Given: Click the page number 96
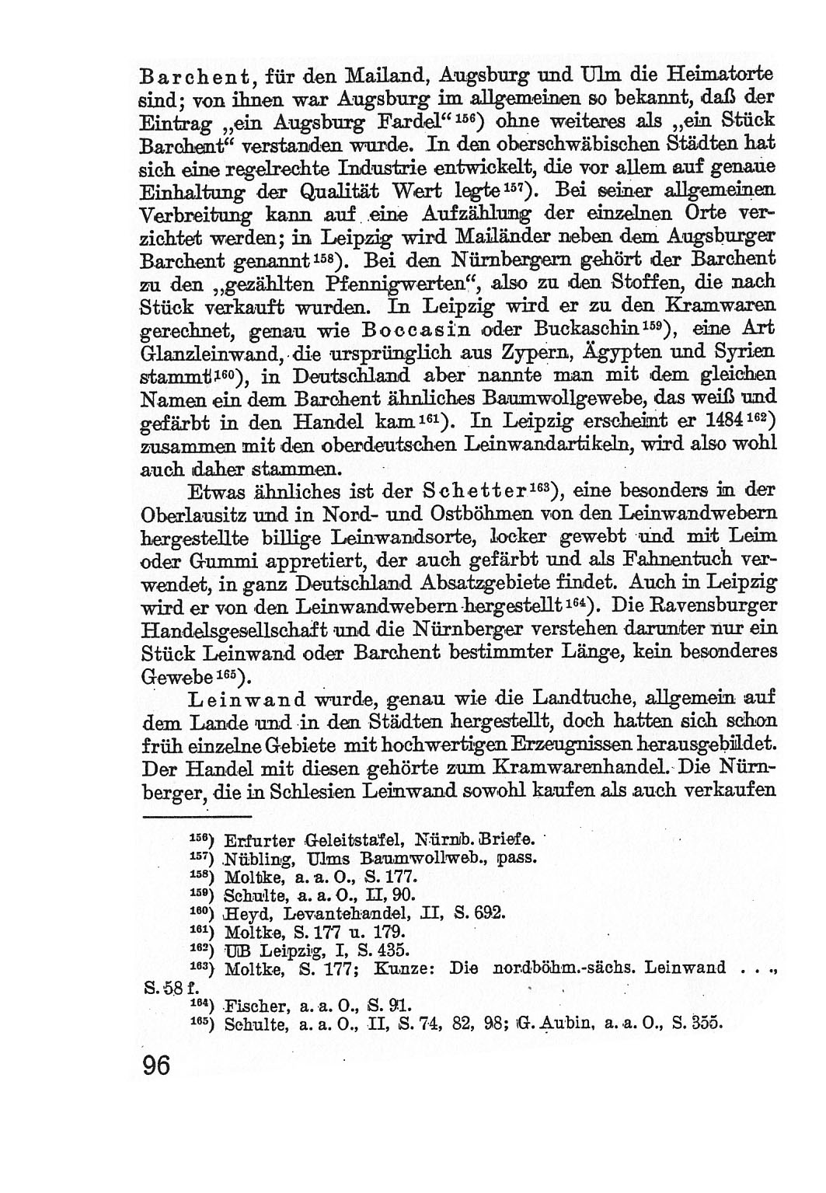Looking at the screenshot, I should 155,1065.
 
